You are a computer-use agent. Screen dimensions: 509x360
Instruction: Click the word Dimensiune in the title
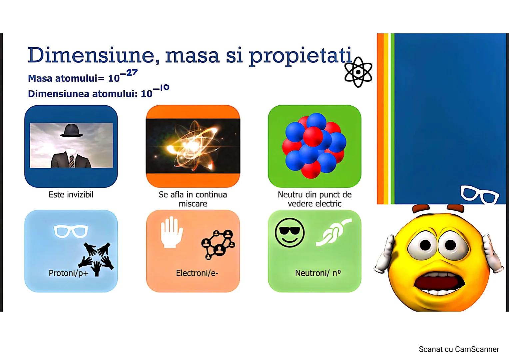click(x=93, y=55)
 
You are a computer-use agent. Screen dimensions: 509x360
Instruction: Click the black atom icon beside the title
click(x=358, y=72)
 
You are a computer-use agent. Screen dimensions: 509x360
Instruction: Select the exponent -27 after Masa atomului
click(x=129, y=73)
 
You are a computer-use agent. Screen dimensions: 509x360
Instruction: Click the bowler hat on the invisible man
click(x=71, y=131)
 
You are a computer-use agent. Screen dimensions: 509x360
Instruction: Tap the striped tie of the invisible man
click(x=72, y=161)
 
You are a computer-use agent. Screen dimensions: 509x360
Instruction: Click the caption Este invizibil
click(x=71, y=195)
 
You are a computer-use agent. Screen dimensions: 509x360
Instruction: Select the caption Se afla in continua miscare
click(x=193, y=199)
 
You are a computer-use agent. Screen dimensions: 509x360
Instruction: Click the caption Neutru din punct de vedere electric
click(x=314, y=199)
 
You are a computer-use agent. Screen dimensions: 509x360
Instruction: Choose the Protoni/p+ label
click(x=69, y=273)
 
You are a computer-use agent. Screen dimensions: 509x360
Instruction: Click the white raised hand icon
click(x=172, y=232)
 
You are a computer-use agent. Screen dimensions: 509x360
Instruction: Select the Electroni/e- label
click(x=197, y=273)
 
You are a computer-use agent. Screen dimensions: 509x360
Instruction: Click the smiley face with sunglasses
click(x=290, y=233)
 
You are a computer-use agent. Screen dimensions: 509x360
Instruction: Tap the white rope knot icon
click(x=333, y=232)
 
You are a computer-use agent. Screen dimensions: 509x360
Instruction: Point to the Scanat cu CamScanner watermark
click(x=459, y=349)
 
